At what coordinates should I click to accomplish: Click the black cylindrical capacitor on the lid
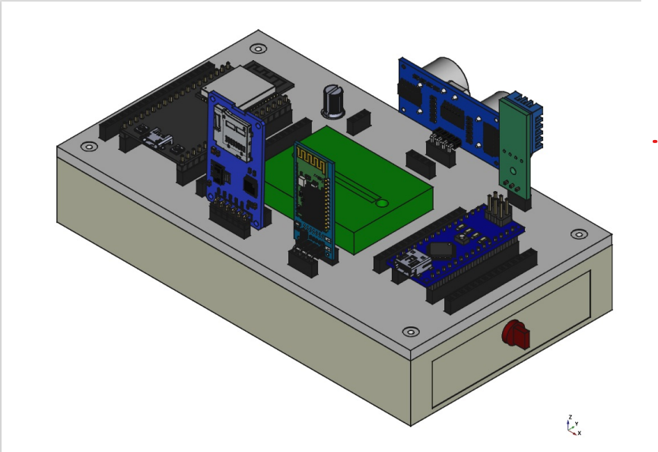333,100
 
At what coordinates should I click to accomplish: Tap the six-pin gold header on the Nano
498,208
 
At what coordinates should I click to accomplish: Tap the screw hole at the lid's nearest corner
411,332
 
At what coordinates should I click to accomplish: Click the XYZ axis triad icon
572,425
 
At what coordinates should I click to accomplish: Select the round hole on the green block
382,203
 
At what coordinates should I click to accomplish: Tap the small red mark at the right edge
655,141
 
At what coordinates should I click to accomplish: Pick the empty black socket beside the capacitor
358,121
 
